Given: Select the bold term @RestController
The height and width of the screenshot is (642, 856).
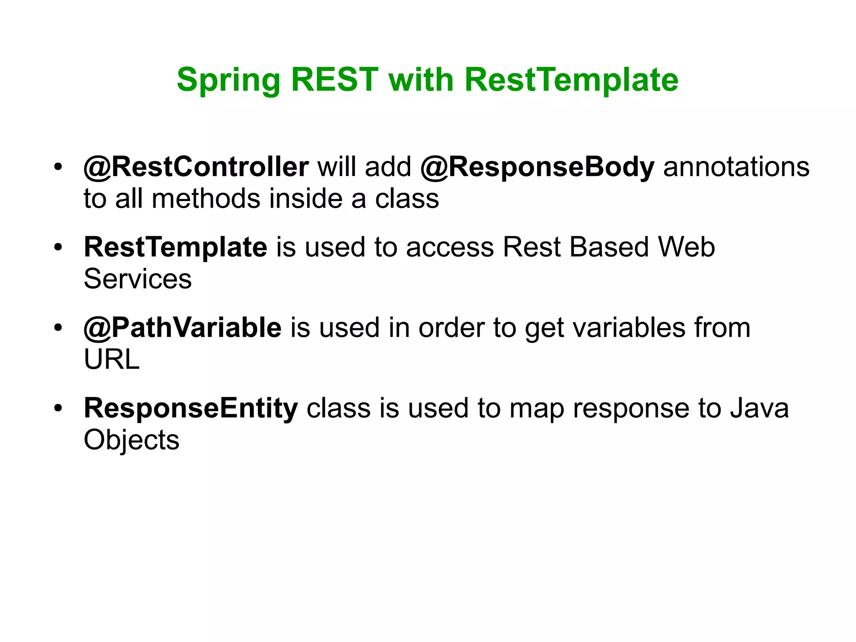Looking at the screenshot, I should (x=196, y=167).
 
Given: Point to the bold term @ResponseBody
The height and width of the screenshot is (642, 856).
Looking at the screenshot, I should (x=537, y=167).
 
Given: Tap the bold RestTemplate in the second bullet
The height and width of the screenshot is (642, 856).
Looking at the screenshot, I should (x=176, y=247).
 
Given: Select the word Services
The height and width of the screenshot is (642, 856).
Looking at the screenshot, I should (x=138, y=279).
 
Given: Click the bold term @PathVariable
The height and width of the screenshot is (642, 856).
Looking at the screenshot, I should (x=183, y=327).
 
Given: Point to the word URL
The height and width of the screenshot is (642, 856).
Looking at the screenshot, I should (x=112, y=359).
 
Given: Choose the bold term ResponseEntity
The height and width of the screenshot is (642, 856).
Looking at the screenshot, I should (x=191, y=408).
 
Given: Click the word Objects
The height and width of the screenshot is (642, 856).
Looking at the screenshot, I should (x=131, y=440).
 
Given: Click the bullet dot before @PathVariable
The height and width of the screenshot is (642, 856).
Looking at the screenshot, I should (x=58, y=328).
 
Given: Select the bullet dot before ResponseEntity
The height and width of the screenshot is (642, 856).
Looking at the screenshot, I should (x=58, y=408).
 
